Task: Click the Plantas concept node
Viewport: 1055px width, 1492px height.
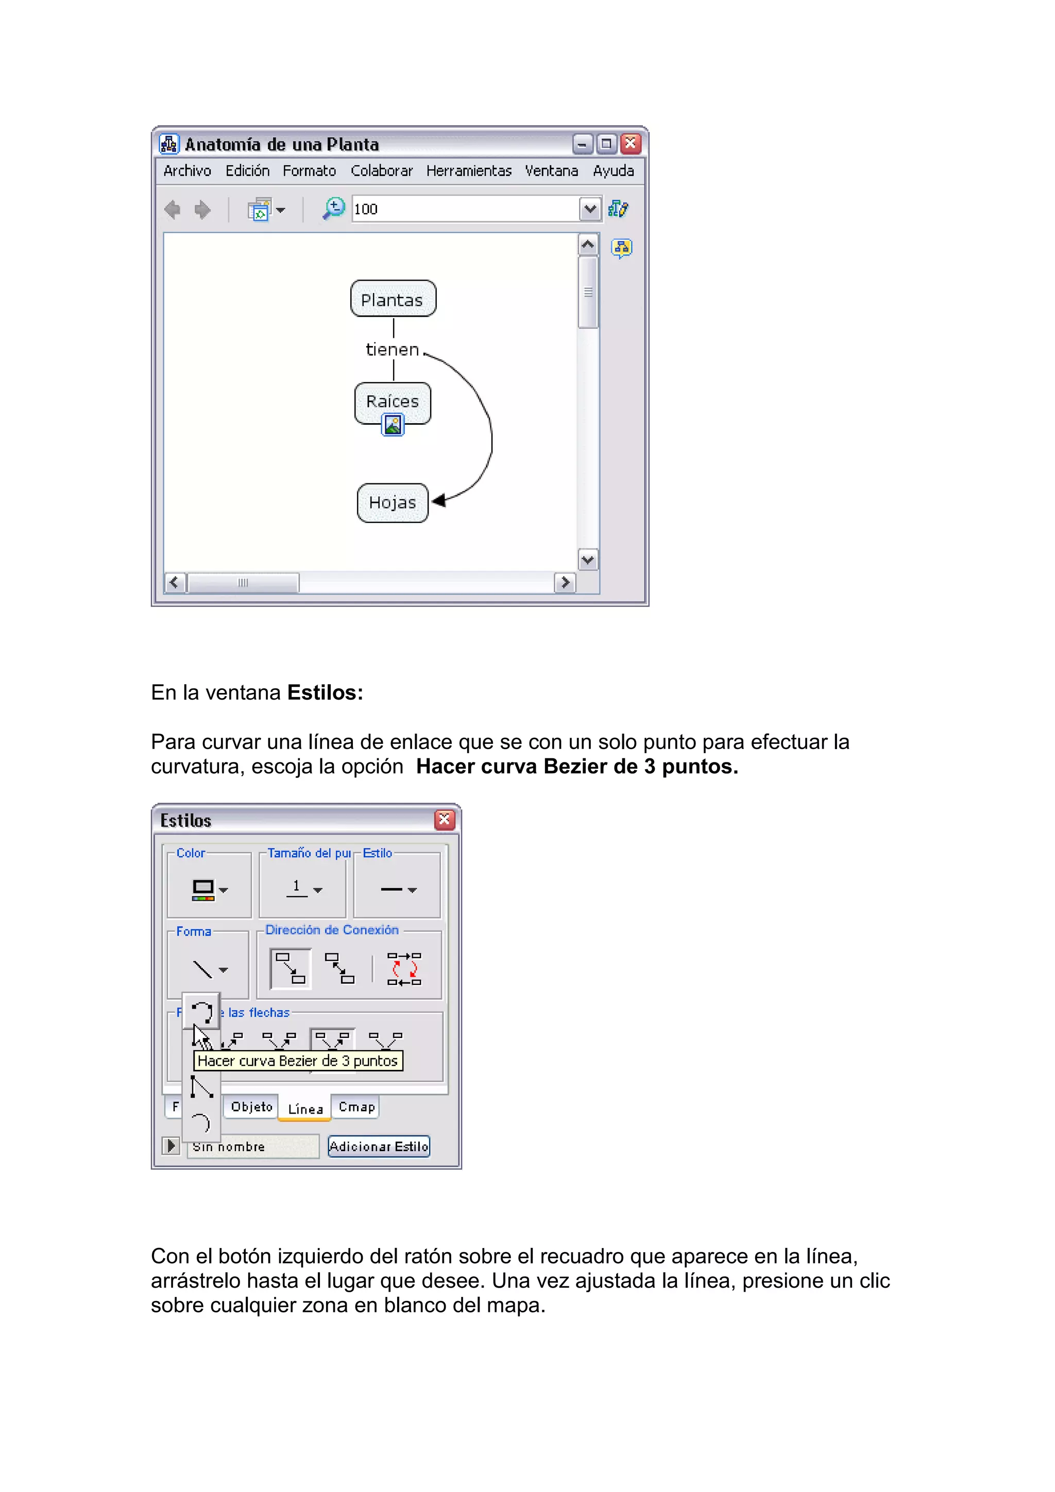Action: tap(393, 299)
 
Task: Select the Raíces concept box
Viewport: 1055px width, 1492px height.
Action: tap(392, 401)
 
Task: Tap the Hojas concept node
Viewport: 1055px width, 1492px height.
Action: tap(392, 502)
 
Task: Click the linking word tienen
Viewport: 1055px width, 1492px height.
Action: tap(392, 350)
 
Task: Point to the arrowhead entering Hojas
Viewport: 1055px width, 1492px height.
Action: tap(439, 500)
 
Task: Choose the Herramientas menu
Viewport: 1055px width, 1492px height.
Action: tap(469, 171)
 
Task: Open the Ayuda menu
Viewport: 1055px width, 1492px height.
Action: tap(613, 171)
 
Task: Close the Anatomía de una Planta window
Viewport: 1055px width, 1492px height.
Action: tap(630, 144)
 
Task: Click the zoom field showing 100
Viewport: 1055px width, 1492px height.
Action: tap(465, 209)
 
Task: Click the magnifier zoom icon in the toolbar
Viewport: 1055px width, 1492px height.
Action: tap(333, 209)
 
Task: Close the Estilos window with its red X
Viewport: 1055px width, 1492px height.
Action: tap(445, 820)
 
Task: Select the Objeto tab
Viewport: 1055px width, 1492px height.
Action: tap(251, 1107)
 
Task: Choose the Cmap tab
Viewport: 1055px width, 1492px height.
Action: tap(356, 1107)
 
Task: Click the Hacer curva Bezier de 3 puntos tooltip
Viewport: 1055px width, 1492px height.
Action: tap(298, 1061)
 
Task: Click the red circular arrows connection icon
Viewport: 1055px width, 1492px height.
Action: tap(404, 969)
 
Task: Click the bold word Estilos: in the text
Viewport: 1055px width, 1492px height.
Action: tap(325, 693)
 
